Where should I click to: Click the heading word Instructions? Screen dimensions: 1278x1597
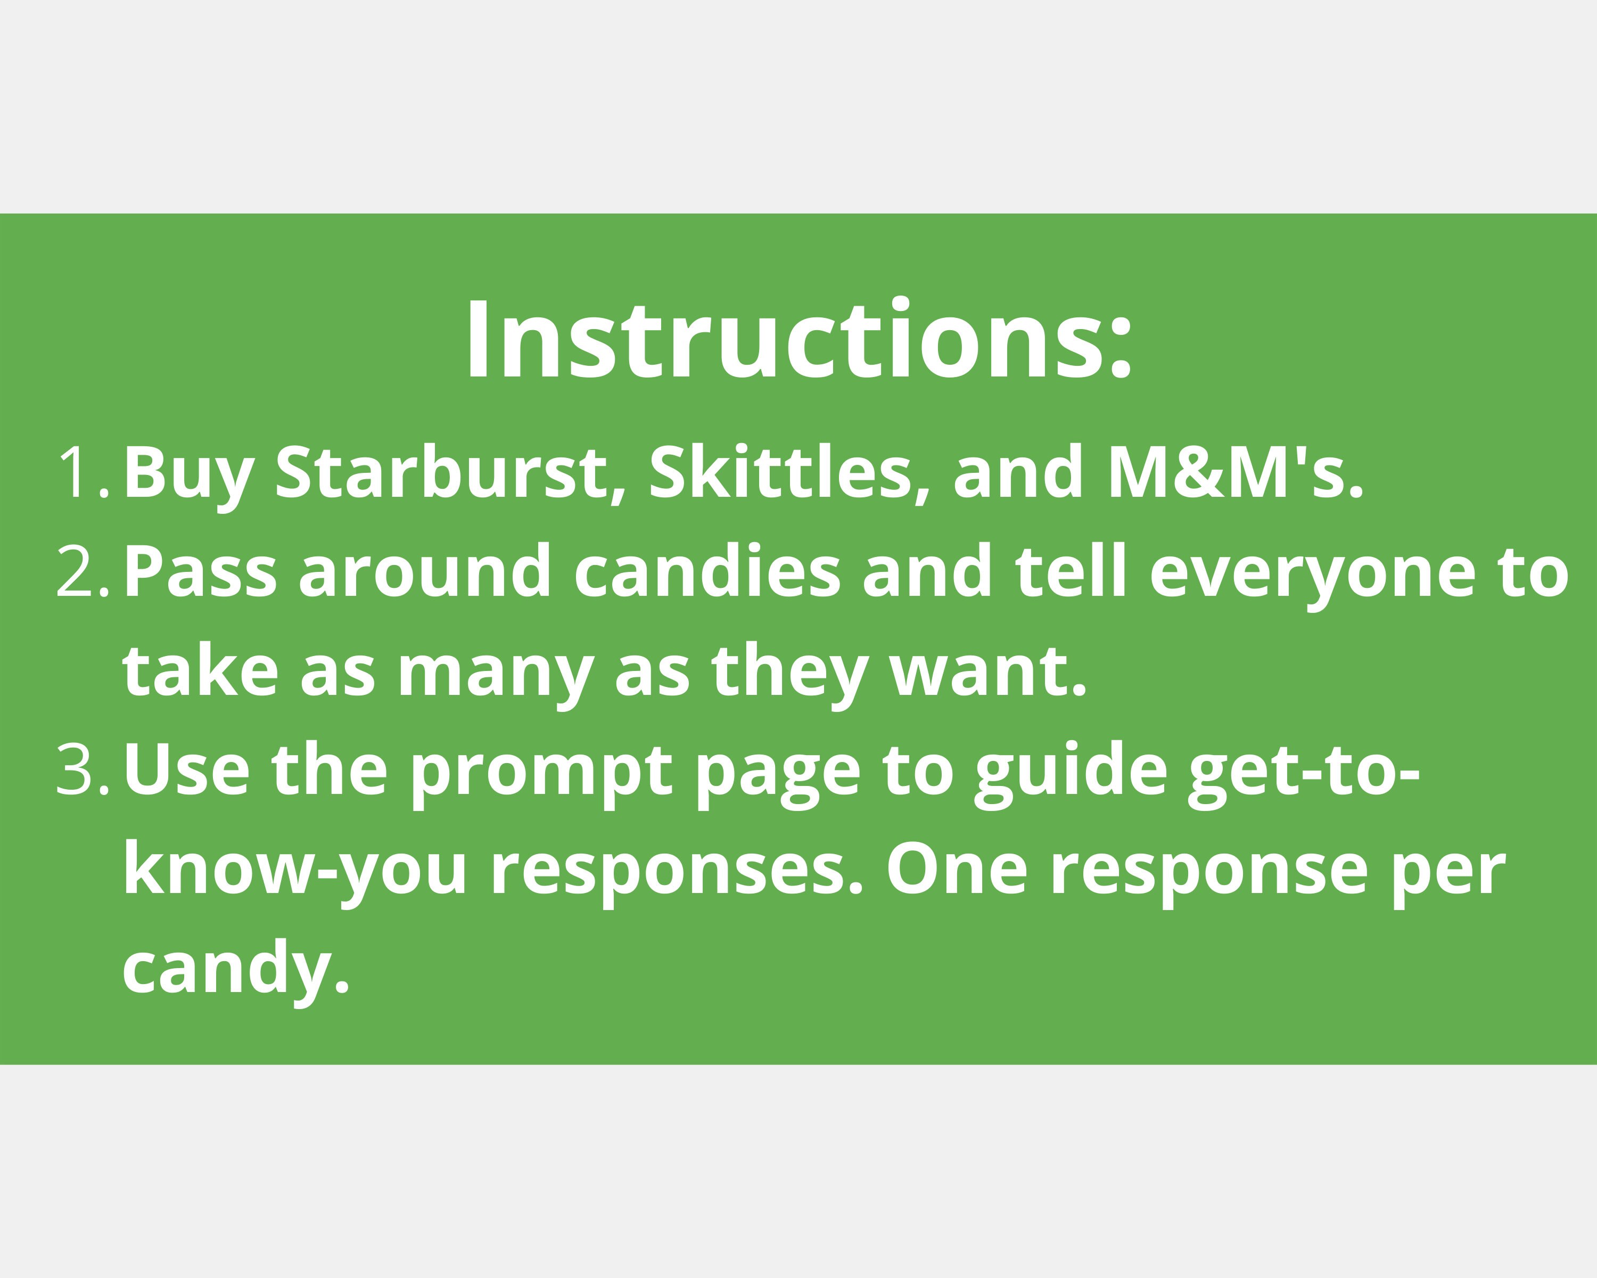click(798, 341)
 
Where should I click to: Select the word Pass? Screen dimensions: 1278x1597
click(200, 571)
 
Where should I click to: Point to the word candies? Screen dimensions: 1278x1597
click(707, 571)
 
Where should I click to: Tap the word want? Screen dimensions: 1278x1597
click(988, 673)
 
